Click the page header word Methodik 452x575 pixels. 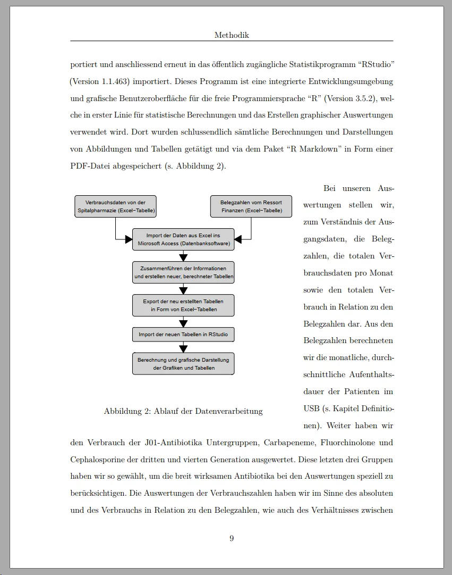click(x=232, y=35)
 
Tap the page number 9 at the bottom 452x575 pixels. click(x=232, y=538)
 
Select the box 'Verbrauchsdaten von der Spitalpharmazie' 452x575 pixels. click(x=115, y=206)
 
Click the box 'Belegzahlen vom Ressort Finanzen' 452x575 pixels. click(x=251, y=206)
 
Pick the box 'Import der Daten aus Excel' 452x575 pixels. click(x=183, y=239)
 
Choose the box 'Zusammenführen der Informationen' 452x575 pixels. click(x=183, y=272)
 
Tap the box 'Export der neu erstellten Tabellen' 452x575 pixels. click(x=183, y=305)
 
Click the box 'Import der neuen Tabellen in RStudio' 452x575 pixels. click(x=183, y=335)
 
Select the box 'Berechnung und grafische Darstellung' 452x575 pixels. click(x=183, y=364)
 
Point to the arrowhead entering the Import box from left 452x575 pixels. click(x=129, y=239)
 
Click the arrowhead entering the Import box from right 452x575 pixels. click(x=238, y=239)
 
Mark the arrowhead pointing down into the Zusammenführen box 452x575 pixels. click(x=183, y=257)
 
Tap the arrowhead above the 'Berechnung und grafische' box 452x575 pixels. click(x=183, y=348)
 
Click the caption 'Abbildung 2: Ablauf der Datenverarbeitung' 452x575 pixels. click(x=183, y=411)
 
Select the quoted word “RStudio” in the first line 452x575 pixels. click(x=376, y=64)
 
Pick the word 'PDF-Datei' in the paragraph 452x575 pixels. click(x=88, y=166)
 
